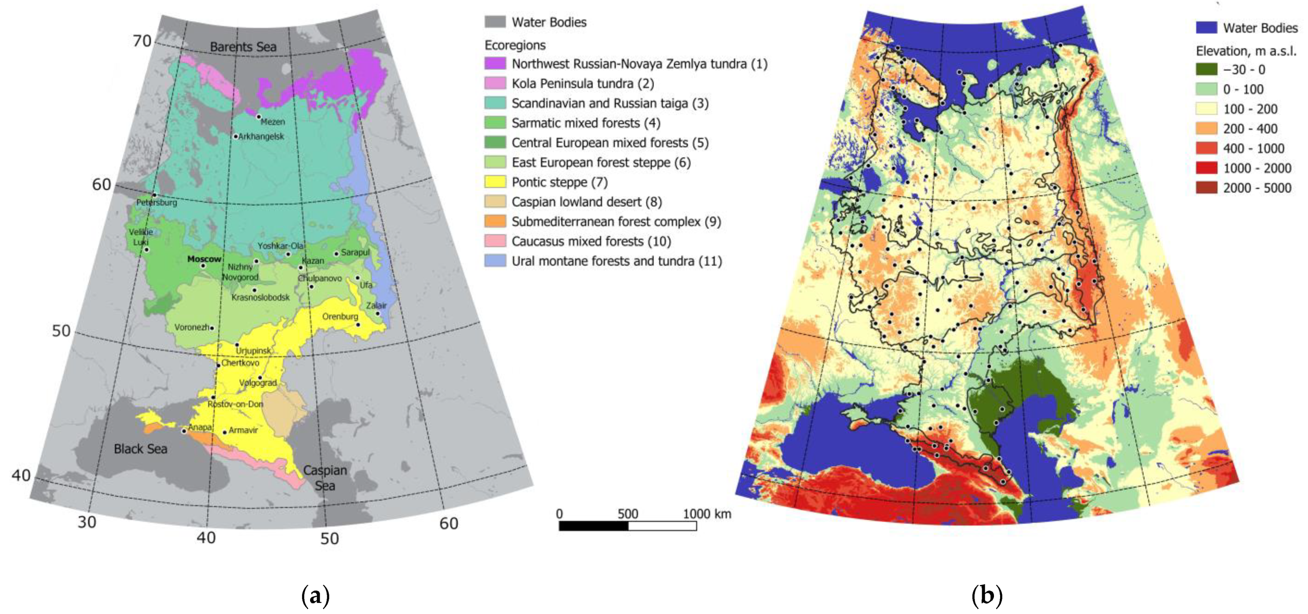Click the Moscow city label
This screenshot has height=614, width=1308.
(x=204, y=259)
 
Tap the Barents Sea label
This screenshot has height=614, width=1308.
(x=243, y=47)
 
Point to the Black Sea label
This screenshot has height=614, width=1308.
(x=140, y=449)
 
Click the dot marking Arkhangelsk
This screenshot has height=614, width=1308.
(x=236, y=136)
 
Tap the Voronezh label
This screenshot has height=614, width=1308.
(x=191, y=327)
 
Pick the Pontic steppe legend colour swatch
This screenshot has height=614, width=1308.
(x=495, y=182)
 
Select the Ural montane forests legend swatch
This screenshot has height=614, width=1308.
(x=495, y=261)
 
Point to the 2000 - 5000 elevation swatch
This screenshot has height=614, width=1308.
(x=1206, y=188)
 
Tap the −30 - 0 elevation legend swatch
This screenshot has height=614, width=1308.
(x=1206, y=69)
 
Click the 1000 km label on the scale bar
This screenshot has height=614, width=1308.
(x=707, y=514)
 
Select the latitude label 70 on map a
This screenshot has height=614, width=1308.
(x=142, y=40)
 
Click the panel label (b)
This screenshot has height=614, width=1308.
(x=986, y=595)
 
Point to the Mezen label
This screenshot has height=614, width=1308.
(x=273, y=122)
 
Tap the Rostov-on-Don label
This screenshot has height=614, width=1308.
(x=235, y=404)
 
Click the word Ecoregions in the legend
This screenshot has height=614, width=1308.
(x=515, y=45)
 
